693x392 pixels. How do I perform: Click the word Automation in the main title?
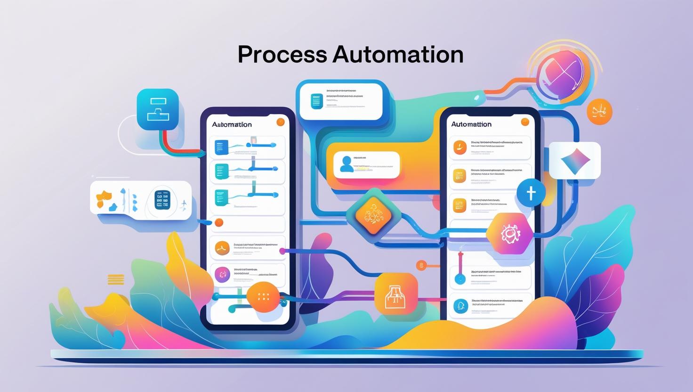coord(398,55)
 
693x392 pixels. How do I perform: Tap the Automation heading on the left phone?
coord(232,124)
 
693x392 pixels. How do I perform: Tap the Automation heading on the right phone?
coord(471,124)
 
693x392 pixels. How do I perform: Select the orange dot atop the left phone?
coord(281,122)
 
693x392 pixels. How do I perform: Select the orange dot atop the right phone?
coord(525,122)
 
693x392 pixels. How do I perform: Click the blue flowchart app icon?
coord(158,109)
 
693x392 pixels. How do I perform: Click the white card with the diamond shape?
coord(575,160)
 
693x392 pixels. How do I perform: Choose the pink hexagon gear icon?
coord(509,233)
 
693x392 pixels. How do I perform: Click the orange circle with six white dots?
coord(264,297)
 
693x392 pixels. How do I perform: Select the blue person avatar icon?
coord(346,164)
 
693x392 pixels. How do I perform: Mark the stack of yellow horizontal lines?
coord(116,279)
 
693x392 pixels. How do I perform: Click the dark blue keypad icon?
coord(161,200)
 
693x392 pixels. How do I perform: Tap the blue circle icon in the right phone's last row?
coord(460,306)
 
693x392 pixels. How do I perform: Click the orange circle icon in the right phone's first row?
coord(459,147)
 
